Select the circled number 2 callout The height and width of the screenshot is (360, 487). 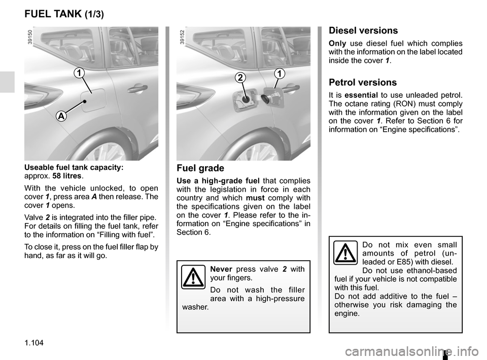click(x=240, y=78)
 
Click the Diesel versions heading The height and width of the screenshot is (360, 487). click(x=363, y=30)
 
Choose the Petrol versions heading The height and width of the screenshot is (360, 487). click(x=363, y=82)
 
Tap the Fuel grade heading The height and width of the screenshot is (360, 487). click(x=200, y=168)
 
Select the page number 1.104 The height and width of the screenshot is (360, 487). click(x=34, y=343)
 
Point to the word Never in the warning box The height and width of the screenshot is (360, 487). click(x=221, y=269)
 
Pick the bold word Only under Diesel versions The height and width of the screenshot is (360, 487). click(x=337, y=43)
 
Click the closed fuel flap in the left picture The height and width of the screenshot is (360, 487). click(x=93, y=100)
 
